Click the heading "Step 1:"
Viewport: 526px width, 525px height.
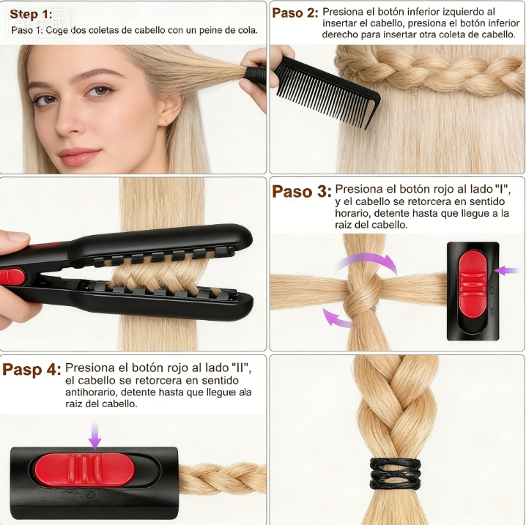coord(31,15)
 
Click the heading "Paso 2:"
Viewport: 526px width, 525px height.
coord(295,13)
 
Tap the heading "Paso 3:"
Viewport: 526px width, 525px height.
coord(302,191)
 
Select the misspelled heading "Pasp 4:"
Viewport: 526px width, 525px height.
coord(32,370)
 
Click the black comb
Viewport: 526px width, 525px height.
coord(325,92)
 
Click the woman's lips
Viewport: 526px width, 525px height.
coord(79,157)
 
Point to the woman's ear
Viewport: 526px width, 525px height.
coord(170,109)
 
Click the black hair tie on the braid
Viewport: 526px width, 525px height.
coord(395,474)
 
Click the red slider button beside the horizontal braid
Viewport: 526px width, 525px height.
coord(84,469)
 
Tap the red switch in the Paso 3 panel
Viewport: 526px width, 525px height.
coord(473,284)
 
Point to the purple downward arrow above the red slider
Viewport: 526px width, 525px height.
coord(95,435)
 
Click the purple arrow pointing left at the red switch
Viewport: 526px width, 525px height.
coord(506,270)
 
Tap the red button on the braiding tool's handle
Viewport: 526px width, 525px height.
coord(12,277)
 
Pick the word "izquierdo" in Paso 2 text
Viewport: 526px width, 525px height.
coord(463,12)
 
